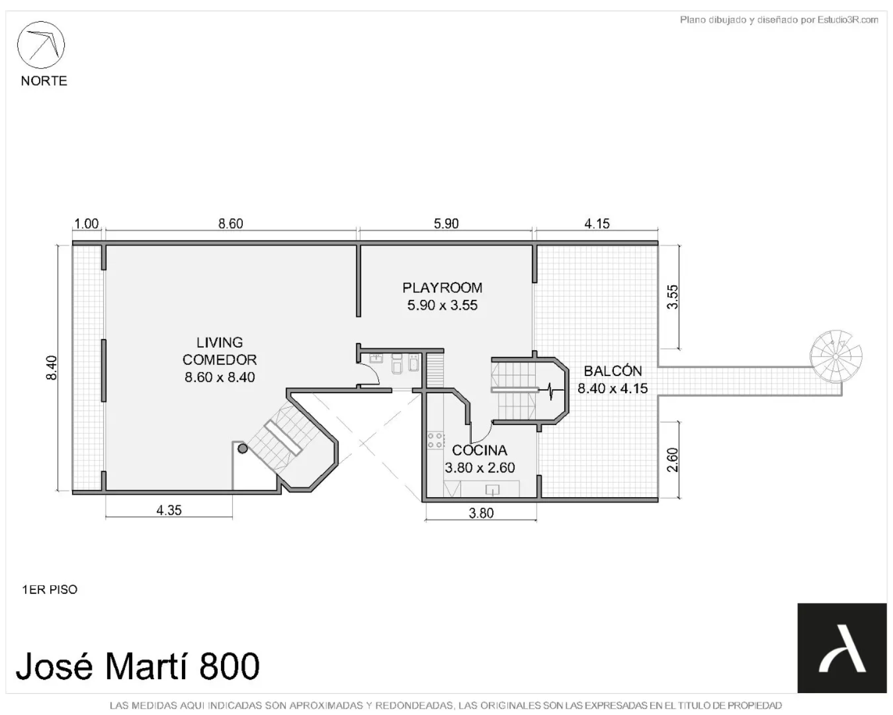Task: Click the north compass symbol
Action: (x=41, y=45)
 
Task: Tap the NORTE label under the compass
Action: (x=44, y=81)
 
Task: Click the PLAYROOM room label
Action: (x=442, y=288)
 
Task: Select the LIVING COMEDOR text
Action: (x=220, y=351)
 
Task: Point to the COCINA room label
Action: (x=480, y=450)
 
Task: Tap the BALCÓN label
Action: (x=613, y=371)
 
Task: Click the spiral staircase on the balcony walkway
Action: (x=836, y=356)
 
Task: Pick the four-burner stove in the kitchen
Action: (x=436, y=440)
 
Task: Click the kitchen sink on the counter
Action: (x=492, y=490)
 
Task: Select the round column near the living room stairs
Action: (x=243, y=449)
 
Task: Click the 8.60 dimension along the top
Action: (x=231, y=224)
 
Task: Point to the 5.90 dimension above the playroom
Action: (x=446, y=224)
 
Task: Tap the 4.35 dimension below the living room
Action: (x=169, y=510)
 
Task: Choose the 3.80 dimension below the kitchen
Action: (x=481, y=513)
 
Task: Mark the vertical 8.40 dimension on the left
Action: (x=51, y=368)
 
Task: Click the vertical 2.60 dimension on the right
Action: (x=673, y=460)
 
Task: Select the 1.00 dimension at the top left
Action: (x=87, y=224)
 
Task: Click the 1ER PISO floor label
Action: (x=50, y=589)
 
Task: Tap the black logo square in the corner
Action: (x=842, y=648)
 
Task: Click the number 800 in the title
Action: (x=229, y=666)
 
